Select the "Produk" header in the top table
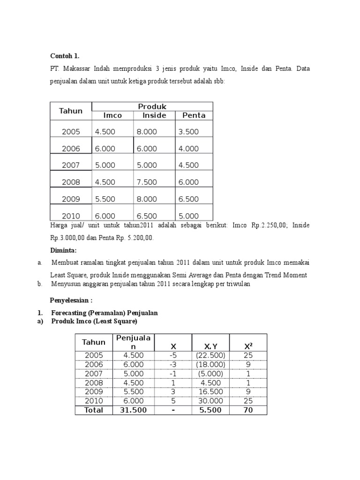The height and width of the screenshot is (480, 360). [x=152, y=106]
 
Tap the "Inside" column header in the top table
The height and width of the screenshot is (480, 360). [x=154, y=115]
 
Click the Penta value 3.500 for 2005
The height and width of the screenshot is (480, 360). [x=188, y=132]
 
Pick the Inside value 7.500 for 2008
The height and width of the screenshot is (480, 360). [x=147, y=182]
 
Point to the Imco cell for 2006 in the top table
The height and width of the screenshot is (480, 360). [x=105, y=149]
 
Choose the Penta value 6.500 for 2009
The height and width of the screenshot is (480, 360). [x=188, y=199]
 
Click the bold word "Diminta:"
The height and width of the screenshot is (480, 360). [x=63, y=250]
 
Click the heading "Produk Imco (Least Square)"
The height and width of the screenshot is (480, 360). [x=94, y=322]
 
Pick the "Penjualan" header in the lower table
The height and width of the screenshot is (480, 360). [x=133, y=342]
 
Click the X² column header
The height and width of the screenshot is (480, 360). [x=248, y=346]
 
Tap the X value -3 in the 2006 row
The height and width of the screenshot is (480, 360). [x=173, y=364]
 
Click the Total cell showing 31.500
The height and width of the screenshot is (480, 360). [x=133, y=410]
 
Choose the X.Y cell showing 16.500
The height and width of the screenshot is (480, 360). [x=210, y=391]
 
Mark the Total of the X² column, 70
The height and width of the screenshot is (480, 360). [x=248, y=410]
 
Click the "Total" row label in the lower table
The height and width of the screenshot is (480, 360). [x=94, y=410]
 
